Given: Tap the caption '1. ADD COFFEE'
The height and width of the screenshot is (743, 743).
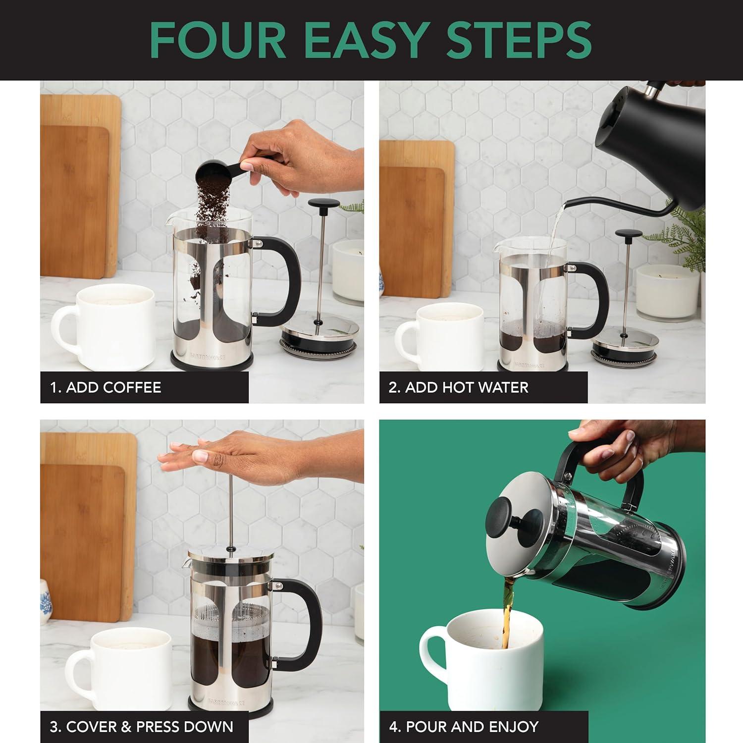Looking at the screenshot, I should pyautogui.click(x=106, y=387).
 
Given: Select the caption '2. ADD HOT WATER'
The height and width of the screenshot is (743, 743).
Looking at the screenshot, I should pyautogui.click(x=458, y=387).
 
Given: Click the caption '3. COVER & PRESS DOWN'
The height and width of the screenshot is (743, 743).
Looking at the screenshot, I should pyautogui.click(x=141, y=727).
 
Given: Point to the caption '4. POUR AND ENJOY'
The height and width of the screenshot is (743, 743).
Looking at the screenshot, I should pyautogui.click(x=463, y=727).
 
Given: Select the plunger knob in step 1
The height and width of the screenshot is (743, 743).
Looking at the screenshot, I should pyautogui.click(x=323, y=204).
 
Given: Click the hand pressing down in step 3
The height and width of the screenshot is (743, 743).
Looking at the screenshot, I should pyautogui.click(x=238, y=456).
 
